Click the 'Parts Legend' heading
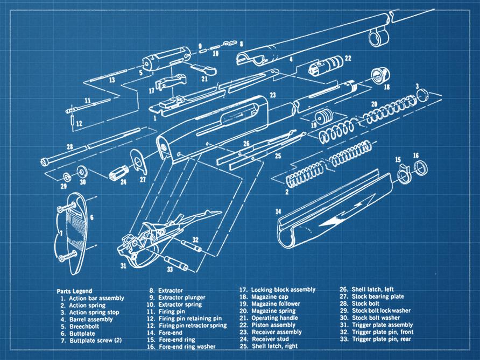tap(74, 291)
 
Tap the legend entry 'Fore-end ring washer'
tap(180, 346)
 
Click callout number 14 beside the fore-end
tap(278, 212)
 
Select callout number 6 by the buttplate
tap(92, 217)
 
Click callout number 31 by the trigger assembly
tap(123, 265)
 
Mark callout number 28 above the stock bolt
tap(69, 146)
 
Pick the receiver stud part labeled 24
tap(117, 175)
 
